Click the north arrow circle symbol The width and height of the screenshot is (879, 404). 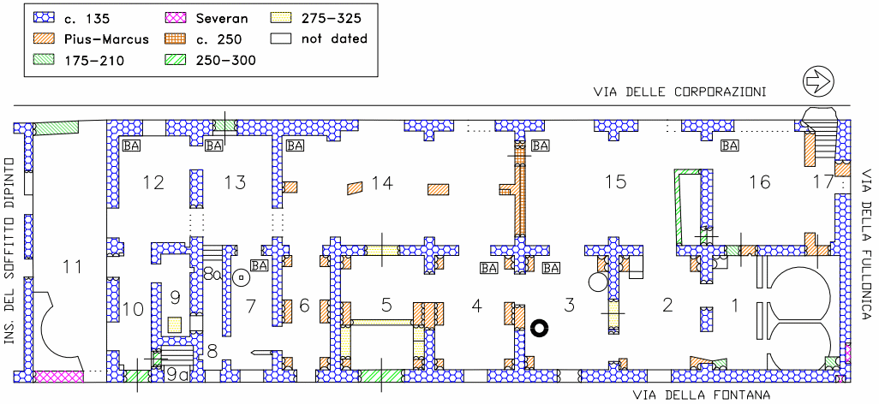pos(818,81)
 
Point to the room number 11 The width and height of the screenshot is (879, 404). pos(72,267)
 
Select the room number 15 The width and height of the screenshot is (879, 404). pos(615,182)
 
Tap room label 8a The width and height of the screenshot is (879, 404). pos(212,275)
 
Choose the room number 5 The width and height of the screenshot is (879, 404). pos(386,304)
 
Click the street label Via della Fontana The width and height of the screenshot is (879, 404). pos(702,395)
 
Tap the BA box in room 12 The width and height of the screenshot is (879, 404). pos(131,146)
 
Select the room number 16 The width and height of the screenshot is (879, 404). pos(759,182)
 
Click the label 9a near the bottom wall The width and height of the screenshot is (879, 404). pos(177,375)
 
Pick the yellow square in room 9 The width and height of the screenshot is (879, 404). pos(174,324)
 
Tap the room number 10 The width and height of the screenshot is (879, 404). pos(132,309)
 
